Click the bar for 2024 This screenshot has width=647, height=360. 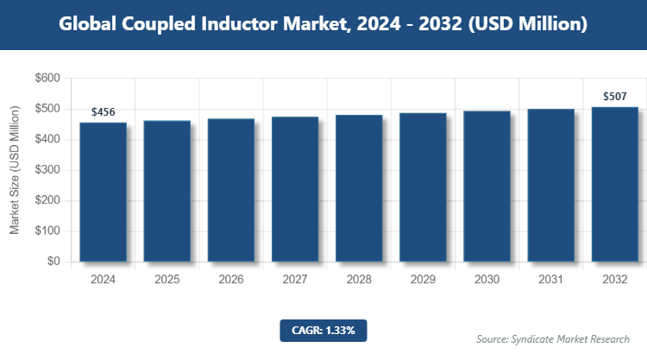tap(104, 192)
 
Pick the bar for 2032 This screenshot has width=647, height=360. tap(614, 184)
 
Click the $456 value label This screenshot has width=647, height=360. tap(104, 112)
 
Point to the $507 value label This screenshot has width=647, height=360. tap(614, 96)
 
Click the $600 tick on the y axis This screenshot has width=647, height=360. tap(47, 79)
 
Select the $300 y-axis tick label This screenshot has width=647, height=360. tap(47, 170)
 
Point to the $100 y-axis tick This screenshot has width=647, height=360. tap(47, 231)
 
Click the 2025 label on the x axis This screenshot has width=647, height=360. tap(167, 280)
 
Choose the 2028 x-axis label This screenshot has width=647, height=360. tap(359, 280)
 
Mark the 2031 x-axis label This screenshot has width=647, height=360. tap(550, 280)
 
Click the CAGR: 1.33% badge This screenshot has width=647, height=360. tap(323, 330)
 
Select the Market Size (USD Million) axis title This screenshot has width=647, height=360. tap(15, 170)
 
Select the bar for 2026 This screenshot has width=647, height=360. tap(231, 190)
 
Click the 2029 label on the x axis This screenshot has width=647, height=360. tap(423, 280)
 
